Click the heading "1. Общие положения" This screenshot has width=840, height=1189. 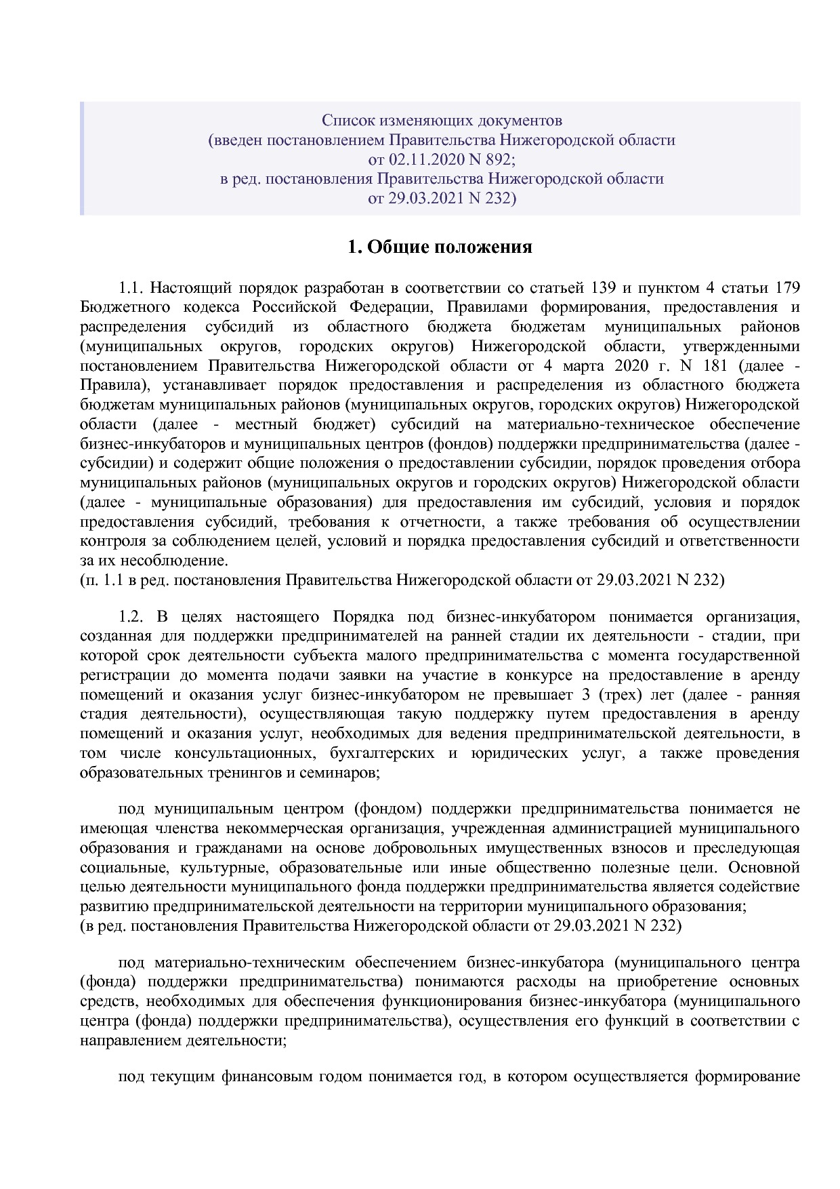click(x=440, y=247)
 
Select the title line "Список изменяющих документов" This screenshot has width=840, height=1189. click(x=442, y=121)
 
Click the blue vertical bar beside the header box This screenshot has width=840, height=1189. click(x=82, y=159)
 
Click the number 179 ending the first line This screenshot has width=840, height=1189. click(x=787, y=287)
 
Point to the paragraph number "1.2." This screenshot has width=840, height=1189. click(x=132, y=617)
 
